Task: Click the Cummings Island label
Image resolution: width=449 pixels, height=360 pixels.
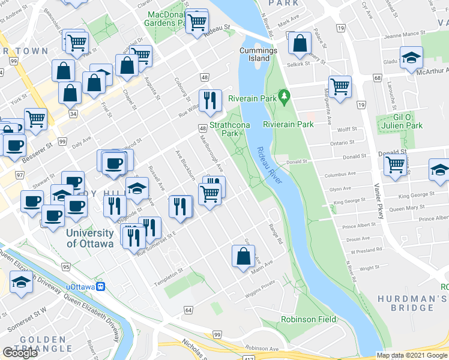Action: tap(258, 55)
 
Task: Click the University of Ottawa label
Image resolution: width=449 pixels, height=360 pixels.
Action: tap(90, 238)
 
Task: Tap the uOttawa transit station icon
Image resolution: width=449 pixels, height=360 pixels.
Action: tap(102, 287)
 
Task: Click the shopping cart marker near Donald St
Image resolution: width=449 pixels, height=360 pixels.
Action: tap(396, 163)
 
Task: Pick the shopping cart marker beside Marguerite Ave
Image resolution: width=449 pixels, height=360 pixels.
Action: tap(340, 86)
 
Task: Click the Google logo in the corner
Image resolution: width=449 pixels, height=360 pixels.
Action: tap(20, 353)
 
